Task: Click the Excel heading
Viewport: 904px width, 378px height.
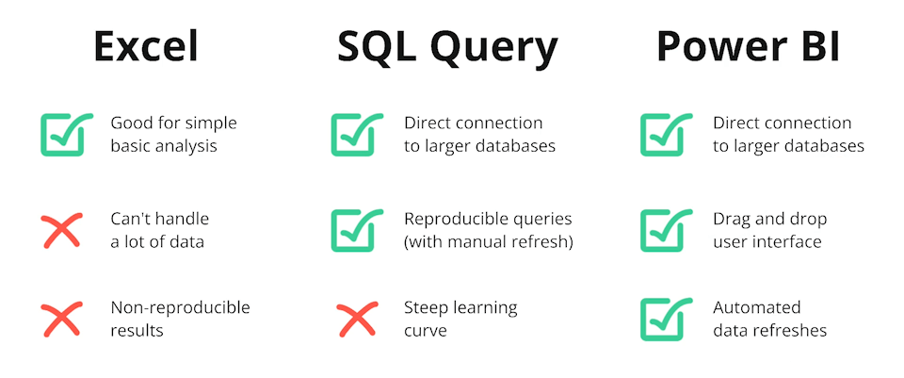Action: pyautogui.click(x=146, y=46)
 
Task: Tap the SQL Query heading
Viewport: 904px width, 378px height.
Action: pyautogui.click(x=446, y=46)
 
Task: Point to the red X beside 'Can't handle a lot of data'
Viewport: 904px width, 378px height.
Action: pyautogui.click(x=61, y=230)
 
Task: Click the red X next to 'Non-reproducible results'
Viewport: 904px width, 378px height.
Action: pyautogui.click(x=61, y=319)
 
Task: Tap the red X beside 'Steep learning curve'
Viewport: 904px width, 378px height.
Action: pyautogui.click(x=357, y=319)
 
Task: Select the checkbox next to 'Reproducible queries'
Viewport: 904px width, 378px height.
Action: pyautogui.click(x=357, y=230)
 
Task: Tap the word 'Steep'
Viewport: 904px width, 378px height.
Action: pyautogui.click(x=427, y=307)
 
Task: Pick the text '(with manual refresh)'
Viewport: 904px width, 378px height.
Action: pyautogui.click(x=489, y=241)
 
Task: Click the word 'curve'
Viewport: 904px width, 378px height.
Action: pyautogui.click(x=426, y=330)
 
